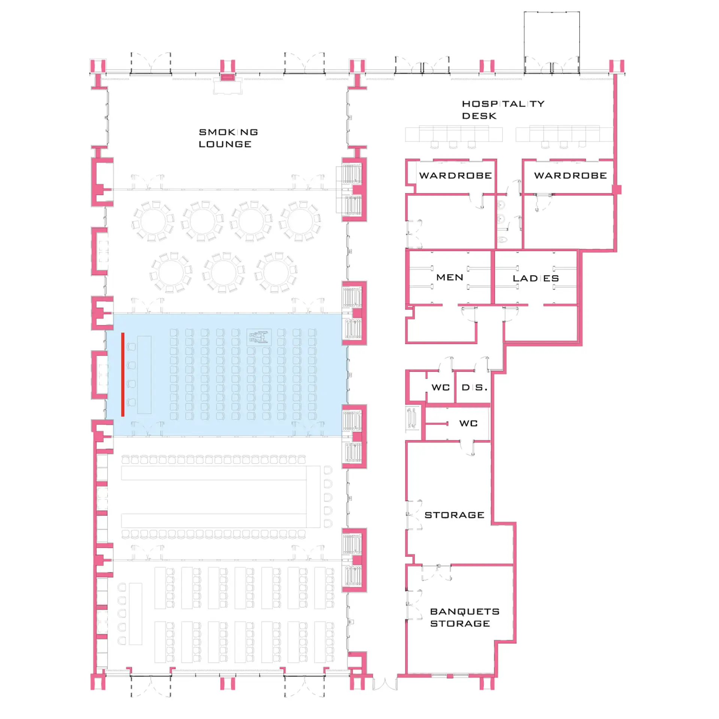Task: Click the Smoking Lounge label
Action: [228, 138]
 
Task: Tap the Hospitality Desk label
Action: [503, 110]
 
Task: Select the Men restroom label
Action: [450, 277]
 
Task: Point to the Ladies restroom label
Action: [536, 278]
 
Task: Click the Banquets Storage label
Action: [465, 617]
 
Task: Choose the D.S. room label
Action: [474, 387]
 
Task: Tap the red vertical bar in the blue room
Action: [123, 374]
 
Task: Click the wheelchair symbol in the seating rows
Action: [259, 337]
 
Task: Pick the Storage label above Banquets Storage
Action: [454, 515]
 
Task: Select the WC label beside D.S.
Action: [440, 387]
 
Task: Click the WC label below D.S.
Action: [468, 423]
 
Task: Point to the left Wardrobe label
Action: [455, 175]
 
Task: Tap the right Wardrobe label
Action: [570, 175]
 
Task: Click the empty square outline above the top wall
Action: [552, 12]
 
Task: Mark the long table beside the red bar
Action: [144, 374]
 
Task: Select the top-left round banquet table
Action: [153, 221]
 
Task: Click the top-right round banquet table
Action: [300, 221]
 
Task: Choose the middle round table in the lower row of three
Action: [224, 272]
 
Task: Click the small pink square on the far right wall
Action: [617, 189]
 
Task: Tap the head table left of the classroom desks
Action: [136, 614]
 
